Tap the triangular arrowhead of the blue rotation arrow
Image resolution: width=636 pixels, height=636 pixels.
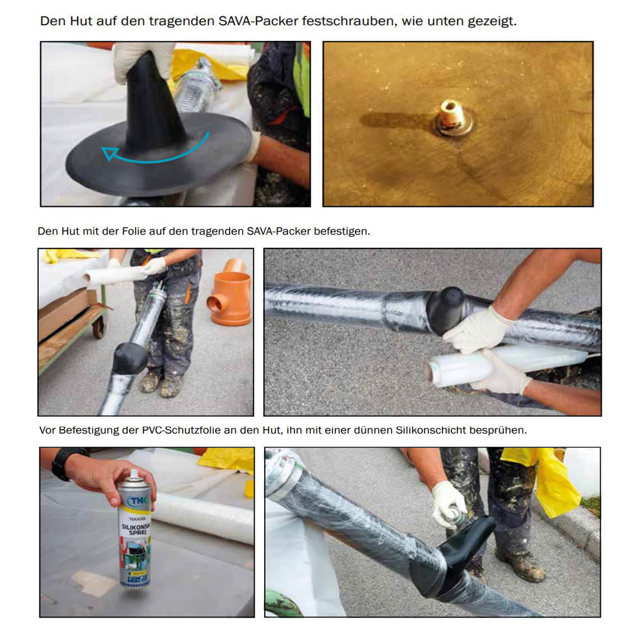coord(109,153)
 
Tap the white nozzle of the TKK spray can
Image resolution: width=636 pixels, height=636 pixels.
coord(133,474)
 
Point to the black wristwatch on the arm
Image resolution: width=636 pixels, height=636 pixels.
coord(67,463)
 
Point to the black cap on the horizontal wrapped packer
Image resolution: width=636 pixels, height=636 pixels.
coord(445,311)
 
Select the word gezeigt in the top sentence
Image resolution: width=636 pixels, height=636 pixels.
coord(492,21)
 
